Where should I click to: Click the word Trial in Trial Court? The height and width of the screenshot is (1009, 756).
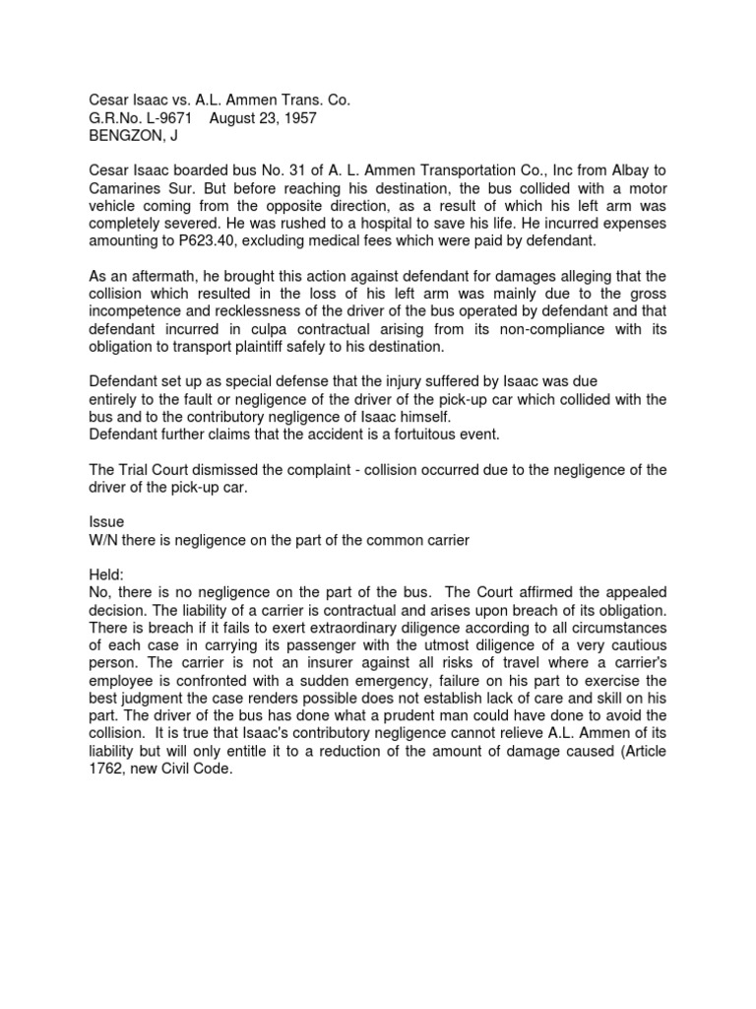(x=136, y=470)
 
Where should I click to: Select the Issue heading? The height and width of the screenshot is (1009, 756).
(x=106, y=523)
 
